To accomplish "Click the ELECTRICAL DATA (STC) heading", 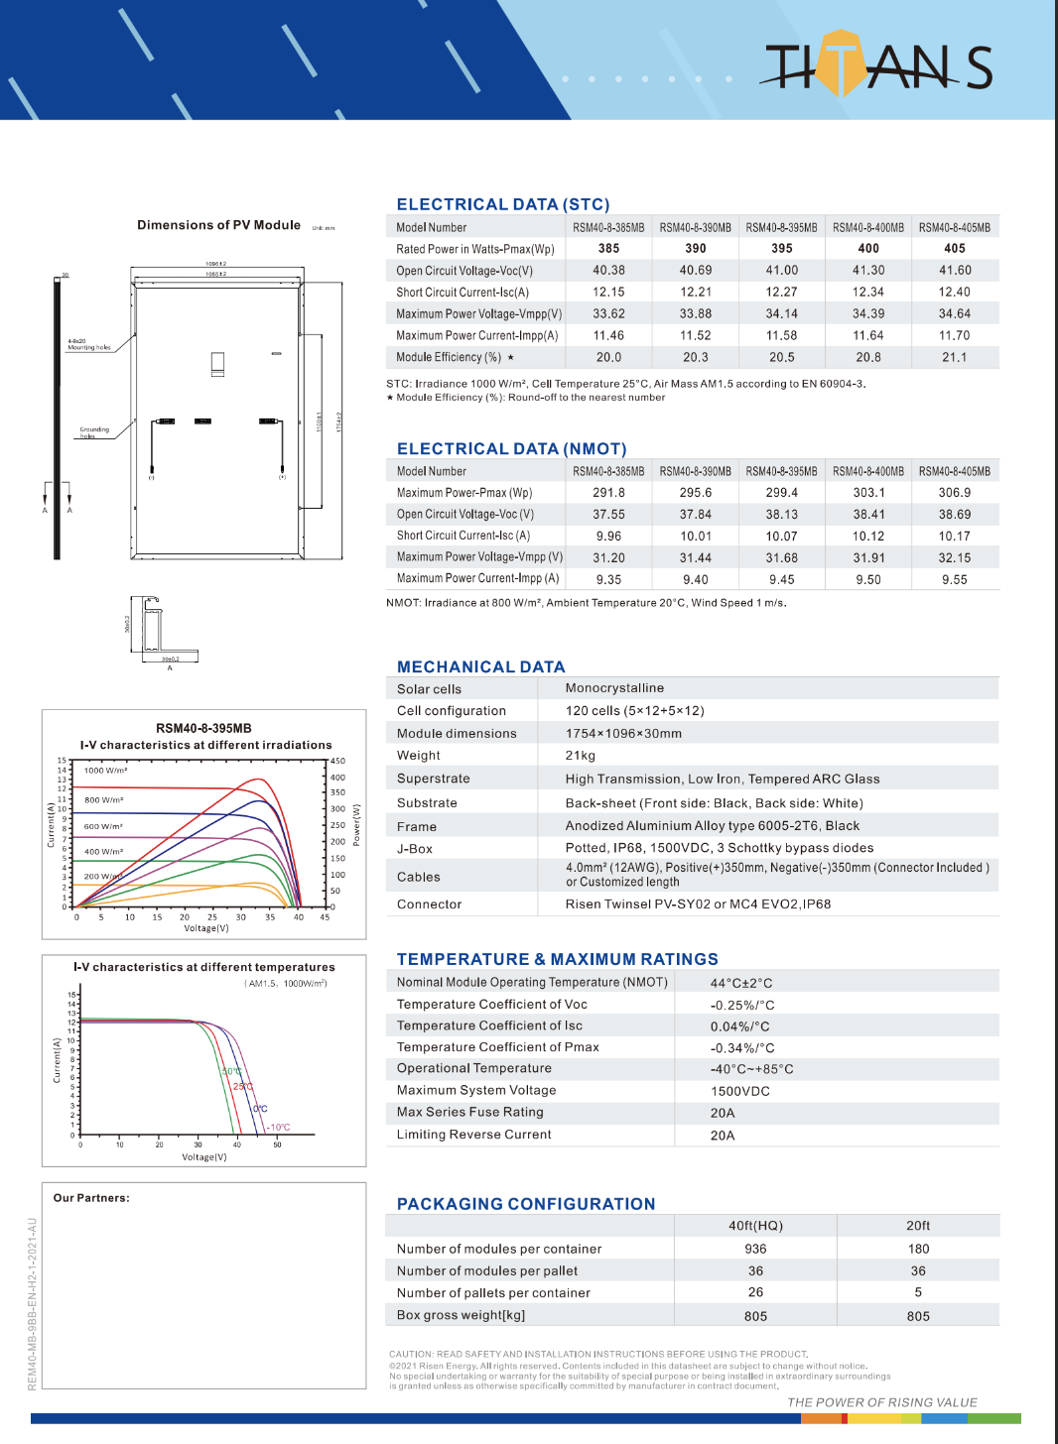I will [503, 204].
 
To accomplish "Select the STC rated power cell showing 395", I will [782, 249].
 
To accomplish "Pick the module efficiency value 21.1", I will [954, 357].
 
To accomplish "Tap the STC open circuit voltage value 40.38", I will [608, 270].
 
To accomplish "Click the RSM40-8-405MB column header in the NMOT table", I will [954, 471].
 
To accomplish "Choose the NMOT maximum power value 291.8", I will [608, 492].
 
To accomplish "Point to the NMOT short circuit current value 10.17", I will [954, 536].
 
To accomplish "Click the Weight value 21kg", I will [581, 756].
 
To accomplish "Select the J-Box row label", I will [415, 849].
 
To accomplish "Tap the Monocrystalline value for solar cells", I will [614, 688].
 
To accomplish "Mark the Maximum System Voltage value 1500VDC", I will [739, 1091].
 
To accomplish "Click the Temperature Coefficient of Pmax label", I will [497, 1047].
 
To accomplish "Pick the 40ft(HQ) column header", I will [755, 1226].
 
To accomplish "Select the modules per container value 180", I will [918, 1249].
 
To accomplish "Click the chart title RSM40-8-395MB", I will [203, 728].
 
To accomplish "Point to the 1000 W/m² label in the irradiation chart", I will [105, 771].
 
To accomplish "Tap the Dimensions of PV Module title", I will [218, 225].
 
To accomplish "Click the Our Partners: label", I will [91, 1198].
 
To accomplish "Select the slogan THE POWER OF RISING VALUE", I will [881, 1402].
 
